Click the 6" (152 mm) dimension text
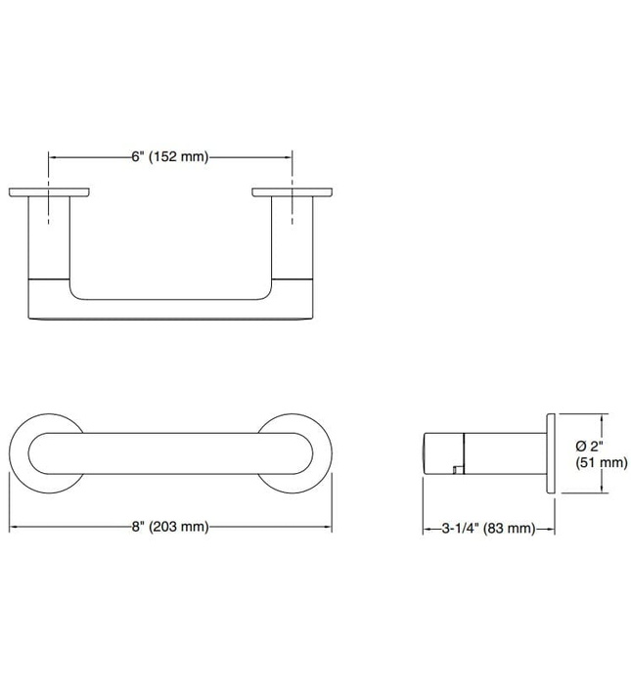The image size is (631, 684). [x=170, y=156]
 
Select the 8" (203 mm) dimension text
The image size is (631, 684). [x=170, y=527]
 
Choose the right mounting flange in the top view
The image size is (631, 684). [x=292, y=192]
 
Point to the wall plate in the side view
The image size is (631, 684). [x=551, y=453]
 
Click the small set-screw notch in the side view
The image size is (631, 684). [x=456, y=472]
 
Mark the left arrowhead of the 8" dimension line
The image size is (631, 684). [x=15, y=527]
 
